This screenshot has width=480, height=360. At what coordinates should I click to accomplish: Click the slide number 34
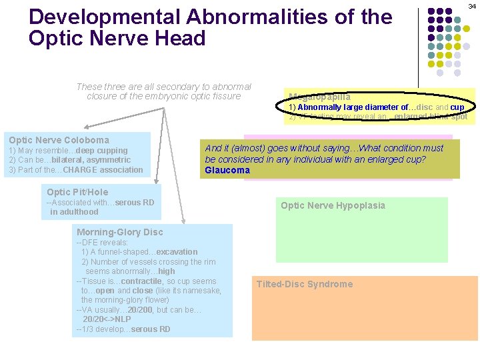point(471,6)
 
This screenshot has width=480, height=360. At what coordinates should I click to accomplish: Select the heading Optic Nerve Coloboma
point(59,140)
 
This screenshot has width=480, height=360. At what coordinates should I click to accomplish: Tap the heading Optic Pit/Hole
point(77,192)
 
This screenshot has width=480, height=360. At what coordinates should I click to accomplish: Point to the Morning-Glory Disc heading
point(120,232)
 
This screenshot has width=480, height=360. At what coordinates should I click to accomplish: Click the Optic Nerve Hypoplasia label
point(333,205)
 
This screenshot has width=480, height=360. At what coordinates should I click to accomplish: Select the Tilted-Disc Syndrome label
point(305,284)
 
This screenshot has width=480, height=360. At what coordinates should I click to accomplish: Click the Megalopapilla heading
point(320,97)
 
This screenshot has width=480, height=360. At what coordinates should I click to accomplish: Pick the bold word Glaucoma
point(227,170)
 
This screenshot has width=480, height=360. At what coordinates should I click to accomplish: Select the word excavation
point(177,252)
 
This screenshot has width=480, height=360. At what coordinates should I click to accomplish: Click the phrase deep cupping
point(102,151)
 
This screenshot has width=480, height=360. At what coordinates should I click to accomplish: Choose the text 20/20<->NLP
point(107,319)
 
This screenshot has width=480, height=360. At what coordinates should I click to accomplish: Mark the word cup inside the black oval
point(457,107)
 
